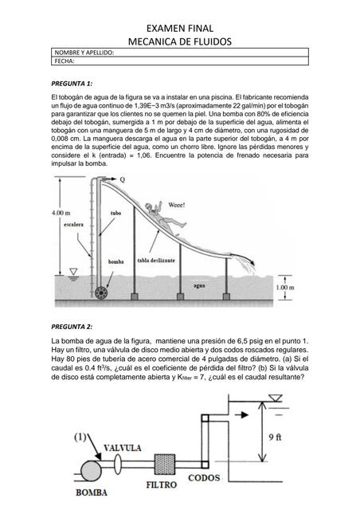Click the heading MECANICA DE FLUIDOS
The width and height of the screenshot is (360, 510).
[x=180, y=40]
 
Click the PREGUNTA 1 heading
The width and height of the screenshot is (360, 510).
[x=72, y=83]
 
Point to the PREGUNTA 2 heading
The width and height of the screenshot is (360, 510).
[x=72, y=327]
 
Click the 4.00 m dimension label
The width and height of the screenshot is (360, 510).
[x=63, y=214]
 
